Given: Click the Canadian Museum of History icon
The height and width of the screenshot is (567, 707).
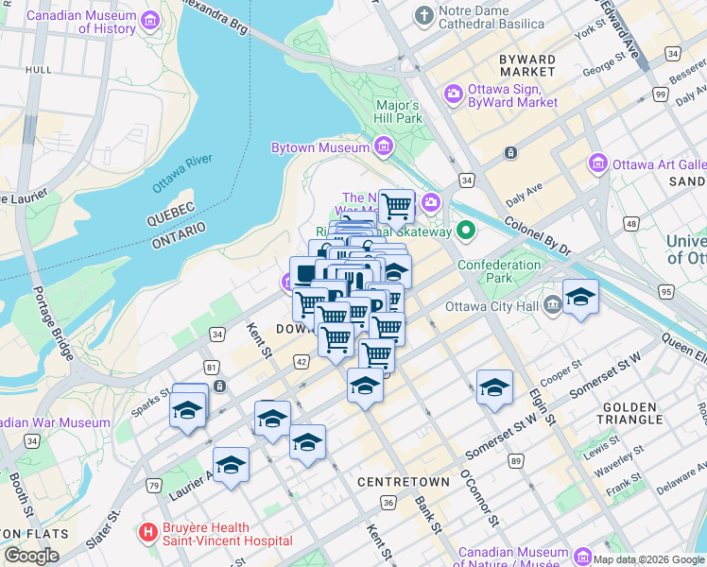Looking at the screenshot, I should point(149,21).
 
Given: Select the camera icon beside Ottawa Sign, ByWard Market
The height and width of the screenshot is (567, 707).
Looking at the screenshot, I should point(453,94).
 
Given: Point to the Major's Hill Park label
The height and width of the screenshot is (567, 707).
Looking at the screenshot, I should point(398,112).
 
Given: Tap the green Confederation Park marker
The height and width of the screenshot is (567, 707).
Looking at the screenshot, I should point(466,231).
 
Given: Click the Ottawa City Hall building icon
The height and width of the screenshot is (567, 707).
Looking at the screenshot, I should point(553,304).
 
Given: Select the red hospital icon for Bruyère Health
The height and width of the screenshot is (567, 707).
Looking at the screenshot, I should point(147,534).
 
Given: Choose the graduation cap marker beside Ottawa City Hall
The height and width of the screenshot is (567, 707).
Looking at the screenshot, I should point(580,299).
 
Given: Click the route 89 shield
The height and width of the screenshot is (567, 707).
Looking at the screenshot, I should point(515,460).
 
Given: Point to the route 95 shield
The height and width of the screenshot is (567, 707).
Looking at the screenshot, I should point(666,292).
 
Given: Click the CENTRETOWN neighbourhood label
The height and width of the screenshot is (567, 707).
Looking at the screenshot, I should point(396,482).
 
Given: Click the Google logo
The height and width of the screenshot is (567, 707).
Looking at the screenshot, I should point(32,556).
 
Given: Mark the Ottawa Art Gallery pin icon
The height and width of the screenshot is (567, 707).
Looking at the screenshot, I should point(597,163).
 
